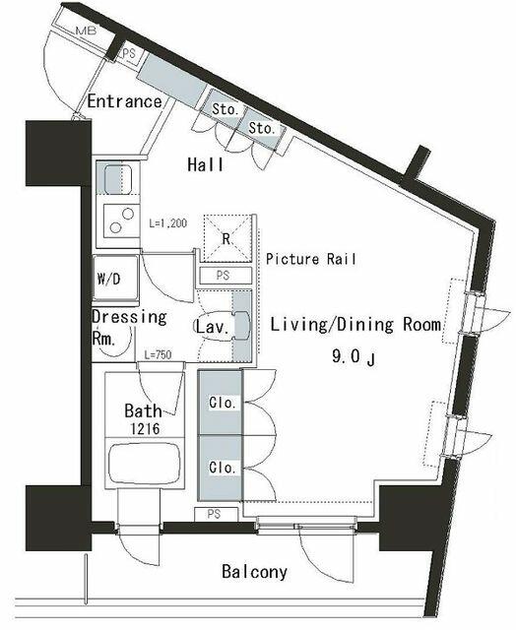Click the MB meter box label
point(86,31)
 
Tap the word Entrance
point(125,101)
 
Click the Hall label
point(206,164)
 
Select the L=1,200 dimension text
point(168,223)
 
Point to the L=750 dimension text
point(158,354)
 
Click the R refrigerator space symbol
point(226,238)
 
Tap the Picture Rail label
point(311,259)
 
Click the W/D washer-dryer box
point(116,278)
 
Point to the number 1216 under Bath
point(145,429)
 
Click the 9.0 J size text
point(354,356)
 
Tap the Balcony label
point(255,571)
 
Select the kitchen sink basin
point(118,178)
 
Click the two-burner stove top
point(121,220)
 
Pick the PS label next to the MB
point(129,52)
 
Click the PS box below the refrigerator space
point(226,276)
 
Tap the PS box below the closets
point(216,514)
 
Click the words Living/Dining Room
point(355,324)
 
